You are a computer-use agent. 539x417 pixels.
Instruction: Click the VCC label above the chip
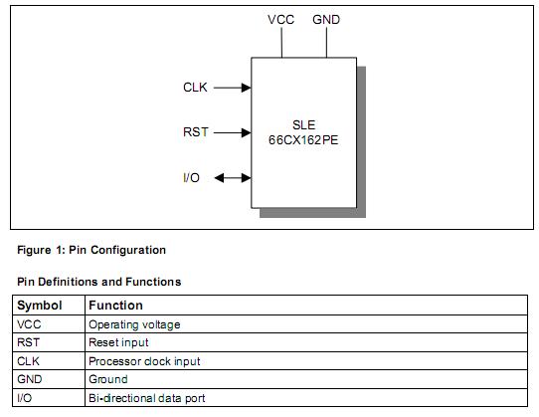point(280,19)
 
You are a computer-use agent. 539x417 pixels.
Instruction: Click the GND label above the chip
point(325,19)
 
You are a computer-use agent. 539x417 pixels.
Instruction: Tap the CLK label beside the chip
point(196,88)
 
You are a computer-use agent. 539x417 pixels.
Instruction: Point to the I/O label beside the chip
point(192,177)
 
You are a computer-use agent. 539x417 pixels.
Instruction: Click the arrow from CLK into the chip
point(232,88)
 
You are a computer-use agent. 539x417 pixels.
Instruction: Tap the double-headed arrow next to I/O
point(232,177)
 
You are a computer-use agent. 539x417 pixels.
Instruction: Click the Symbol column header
point(41,306)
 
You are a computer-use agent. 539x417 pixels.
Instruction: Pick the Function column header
point(115,306)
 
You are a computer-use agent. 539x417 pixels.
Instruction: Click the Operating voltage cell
point(134,324)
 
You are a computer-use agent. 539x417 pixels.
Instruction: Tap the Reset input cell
point(118,342)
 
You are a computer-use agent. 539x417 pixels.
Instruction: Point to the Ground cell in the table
point(108,379)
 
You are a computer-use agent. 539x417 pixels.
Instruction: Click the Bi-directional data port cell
point(147,398)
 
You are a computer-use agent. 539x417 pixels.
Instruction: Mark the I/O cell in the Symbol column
point(25,398)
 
